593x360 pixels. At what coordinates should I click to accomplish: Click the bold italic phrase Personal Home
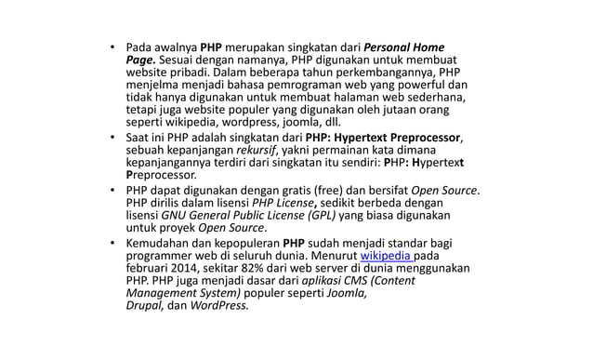403,47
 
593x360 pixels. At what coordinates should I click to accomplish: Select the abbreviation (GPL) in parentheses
319,216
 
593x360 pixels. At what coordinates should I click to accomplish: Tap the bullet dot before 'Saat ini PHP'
112,139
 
